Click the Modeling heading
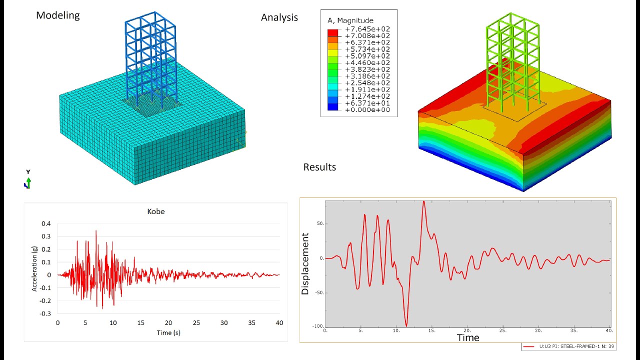(57, 15)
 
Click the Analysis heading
(279, 17)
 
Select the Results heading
(319, 167)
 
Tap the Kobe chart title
(155, 211)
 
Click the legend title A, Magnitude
(351, 20)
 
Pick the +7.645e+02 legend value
(367, 29)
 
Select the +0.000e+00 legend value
(367, 110)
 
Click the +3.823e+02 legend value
(367, 69)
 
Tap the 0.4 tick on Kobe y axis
(46, 223)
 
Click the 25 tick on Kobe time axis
(196, 323)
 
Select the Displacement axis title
(305, 263)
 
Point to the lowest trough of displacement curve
(406, 326)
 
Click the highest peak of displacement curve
(423, 201)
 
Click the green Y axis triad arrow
(28, 180)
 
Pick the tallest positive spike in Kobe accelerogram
(96, 231)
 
